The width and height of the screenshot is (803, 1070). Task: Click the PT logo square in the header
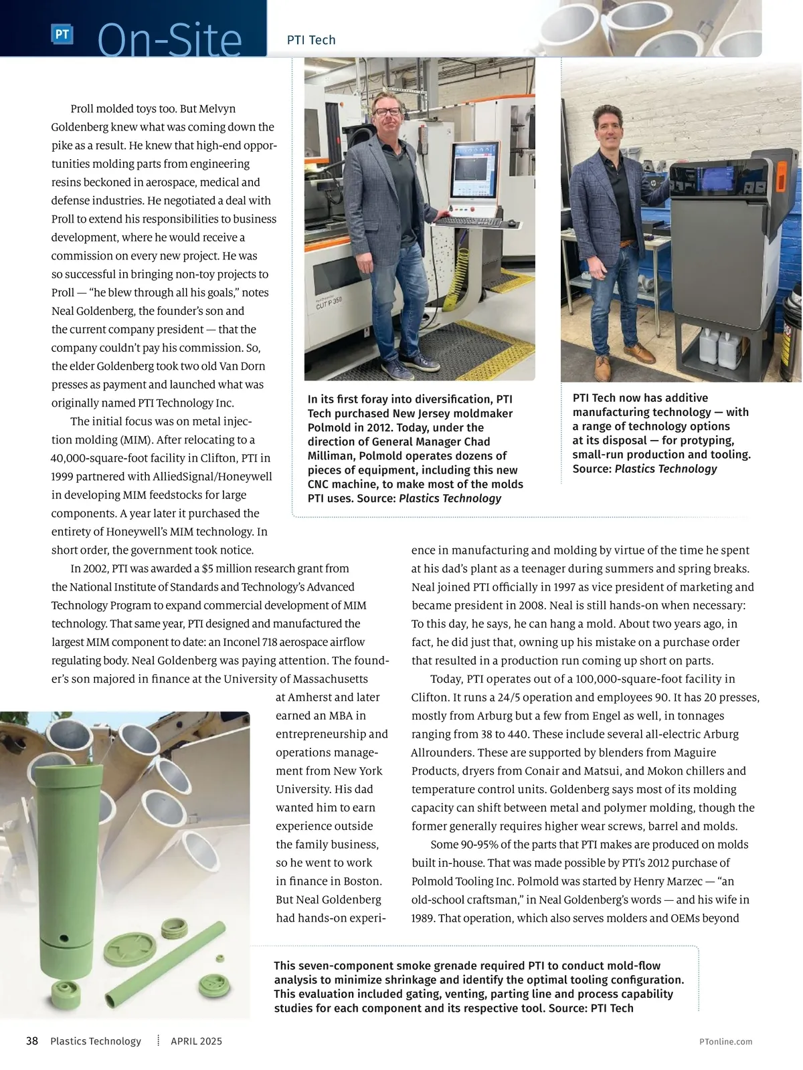pyautogui.click(x=62, y=34)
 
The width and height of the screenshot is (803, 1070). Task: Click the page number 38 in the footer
pyautogui.click(x=31, y=1041)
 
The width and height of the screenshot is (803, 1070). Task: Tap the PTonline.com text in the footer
pyautogui.click(x=725, y=1041)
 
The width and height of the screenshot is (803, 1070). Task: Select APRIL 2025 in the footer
pyautogui.click(x=196, y=1041)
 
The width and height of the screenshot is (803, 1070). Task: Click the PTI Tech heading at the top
pyautogui.click(x=311, y=40)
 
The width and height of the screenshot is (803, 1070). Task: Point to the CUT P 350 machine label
pyautogui.click(x=329, y=304)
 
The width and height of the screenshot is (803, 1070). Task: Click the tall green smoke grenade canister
pyautogui.click(x=65, y=863)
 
